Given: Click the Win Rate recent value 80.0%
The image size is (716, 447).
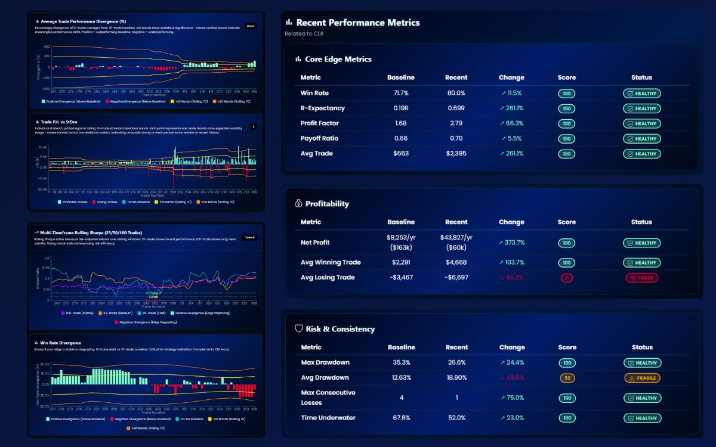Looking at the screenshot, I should (x=456, y=93).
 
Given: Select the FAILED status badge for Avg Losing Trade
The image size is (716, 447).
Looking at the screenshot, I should (x=641, y=278).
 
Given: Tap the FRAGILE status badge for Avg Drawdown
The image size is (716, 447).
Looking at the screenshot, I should (x=641, y=378).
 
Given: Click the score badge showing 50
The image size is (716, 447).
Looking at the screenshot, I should (x=567, y=378).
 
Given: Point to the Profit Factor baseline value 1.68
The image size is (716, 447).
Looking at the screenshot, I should (x=400, y=123).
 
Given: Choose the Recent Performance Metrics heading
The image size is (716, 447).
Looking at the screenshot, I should (x=358, y=23).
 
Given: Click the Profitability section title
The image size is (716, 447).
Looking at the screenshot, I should (x=327, y=204).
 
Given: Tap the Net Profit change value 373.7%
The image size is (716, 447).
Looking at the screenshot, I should (x=511, y=243).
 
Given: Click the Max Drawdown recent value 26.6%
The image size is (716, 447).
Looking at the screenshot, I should (x=456, y=362).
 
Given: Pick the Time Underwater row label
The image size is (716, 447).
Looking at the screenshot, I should (x=328, y=418).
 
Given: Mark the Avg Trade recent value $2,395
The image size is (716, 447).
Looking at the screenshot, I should (x=456, y=154).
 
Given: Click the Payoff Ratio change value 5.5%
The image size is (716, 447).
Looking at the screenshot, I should (x=511, y=138).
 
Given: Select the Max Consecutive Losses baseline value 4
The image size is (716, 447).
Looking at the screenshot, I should (x=400, y=398).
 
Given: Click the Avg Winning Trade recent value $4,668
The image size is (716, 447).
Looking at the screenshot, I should (x=456, y=262).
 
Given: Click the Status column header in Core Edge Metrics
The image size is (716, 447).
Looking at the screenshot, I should (x=641, y=77).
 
